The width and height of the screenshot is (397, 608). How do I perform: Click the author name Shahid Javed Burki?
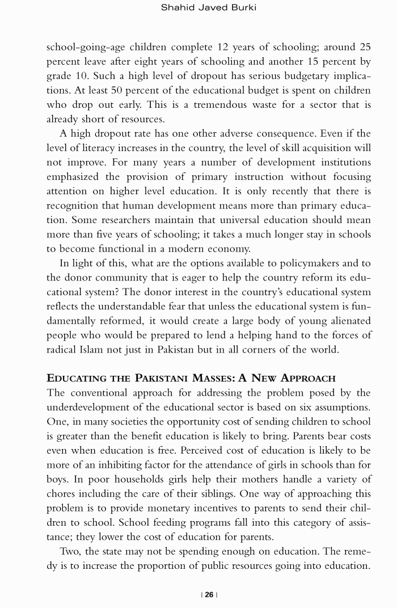(x=209, y=7)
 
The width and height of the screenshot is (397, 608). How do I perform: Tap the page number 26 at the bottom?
(x=209, y=594)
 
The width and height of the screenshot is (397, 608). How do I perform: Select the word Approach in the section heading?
(x=305, y=378)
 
